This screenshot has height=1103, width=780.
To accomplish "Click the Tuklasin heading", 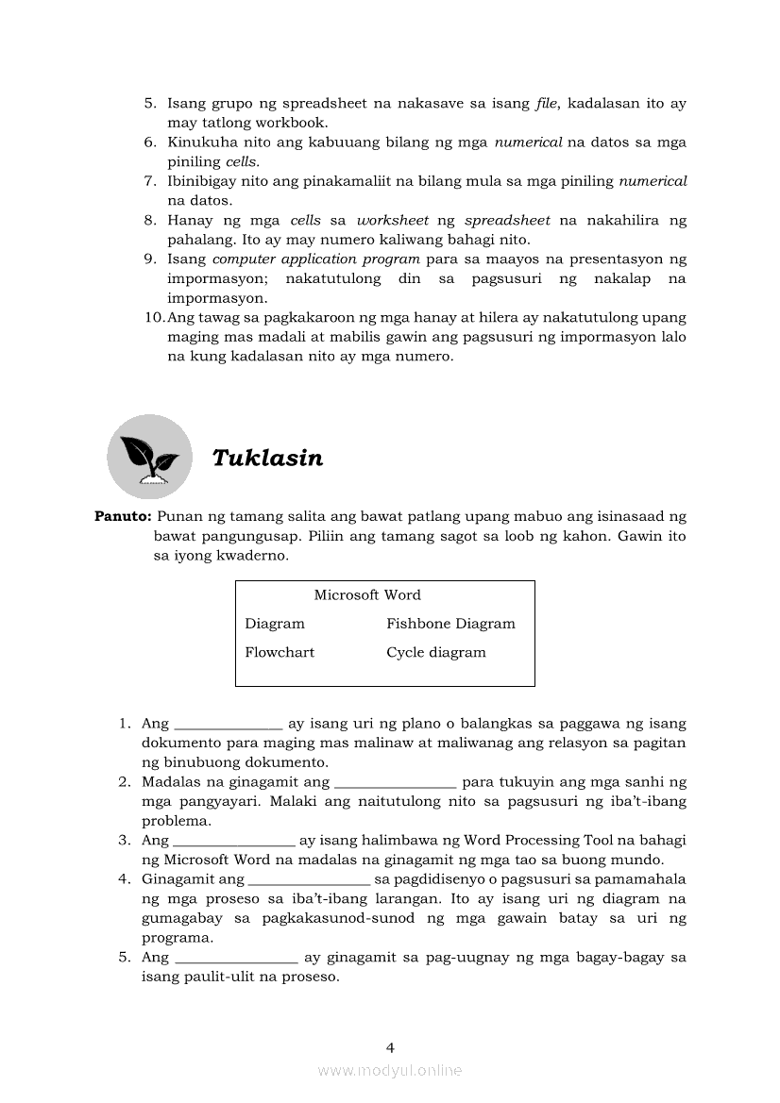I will point(267,459).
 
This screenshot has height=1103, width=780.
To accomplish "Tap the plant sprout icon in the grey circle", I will point(149,457).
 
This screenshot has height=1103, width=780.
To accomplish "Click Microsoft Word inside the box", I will point(367,595).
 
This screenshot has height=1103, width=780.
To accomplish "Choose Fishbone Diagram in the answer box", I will point(450,624).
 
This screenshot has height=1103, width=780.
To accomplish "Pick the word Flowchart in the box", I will point(280,652).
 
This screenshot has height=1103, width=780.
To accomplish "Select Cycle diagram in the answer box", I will point(436,652).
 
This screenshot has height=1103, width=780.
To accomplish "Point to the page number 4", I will point(390,1046).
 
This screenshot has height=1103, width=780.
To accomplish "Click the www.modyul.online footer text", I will point(390,1070).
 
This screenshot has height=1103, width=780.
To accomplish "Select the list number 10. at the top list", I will point(155,318).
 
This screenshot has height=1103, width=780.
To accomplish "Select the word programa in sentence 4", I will point(177,938).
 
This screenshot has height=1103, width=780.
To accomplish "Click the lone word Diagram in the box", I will point(275,624).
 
